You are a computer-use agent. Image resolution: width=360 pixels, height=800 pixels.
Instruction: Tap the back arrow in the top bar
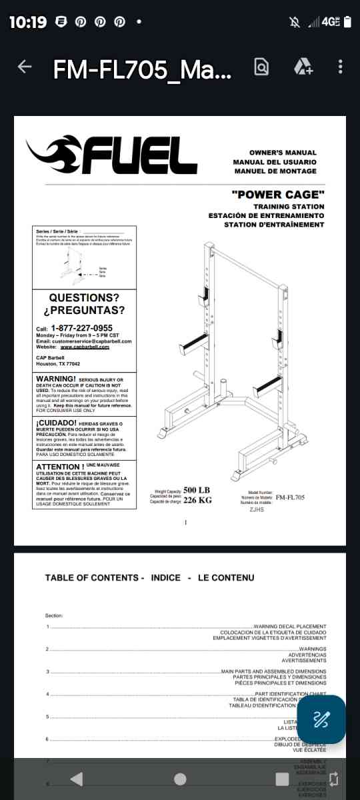(x=25, y=67)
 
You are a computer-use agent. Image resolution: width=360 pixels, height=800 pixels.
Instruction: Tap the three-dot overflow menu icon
(x=341, y=67)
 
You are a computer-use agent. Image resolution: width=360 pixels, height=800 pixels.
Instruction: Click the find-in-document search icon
(x=261, y=67)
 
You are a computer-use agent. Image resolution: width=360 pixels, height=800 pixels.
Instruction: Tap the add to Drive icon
(x=303, y=67)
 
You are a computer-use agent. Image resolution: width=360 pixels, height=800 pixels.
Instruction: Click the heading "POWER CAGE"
(x=278, y=195)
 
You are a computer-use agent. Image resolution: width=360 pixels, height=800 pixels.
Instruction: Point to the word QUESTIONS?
(x=84, y=297)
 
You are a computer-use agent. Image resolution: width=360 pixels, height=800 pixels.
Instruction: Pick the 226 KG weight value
(x=197, y=500)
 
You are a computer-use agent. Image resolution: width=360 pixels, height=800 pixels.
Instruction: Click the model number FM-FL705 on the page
(x=290, y=497)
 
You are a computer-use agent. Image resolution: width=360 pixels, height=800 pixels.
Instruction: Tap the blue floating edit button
(x=321, y=719)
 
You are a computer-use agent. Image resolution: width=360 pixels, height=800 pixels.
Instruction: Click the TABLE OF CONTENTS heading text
(x=92, y=577)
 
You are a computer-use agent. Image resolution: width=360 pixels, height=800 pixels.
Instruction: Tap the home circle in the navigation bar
(x=180, y=779)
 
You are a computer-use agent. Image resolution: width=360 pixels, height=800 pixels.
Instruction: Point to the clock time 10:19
(x=28, y=22)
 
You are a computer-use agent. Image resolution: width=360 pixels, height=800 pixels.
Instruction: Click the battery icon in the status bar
(x=347, y=22)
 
